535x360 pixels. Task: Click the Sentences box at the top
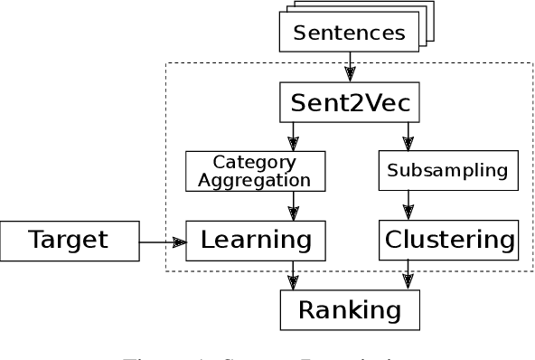tap(349, 33)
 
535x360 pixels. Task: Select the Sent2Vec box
tap(350, 102)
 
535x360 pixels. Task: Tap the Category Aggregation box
tap(254, 171)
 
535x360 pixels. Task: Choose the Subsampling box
tap(448, 170)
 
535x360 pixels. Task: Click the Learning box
tap(255, 241)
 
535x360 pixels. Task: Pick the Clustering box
tap(449, 241)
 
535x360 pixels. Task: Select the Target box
tap(69, 241)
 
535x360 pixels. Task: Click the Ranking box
tap(350, 310)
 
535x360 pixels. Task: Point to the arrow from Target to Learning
tap(163, 242)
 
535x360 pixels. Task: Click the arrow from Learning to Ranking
tap(293, 275)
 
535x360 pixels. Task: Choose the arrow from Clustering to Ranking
tap(408, 275)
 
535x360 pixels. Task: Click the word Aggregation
tap(254, 180)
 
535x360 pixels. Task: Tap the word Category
tap(254, 163)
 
